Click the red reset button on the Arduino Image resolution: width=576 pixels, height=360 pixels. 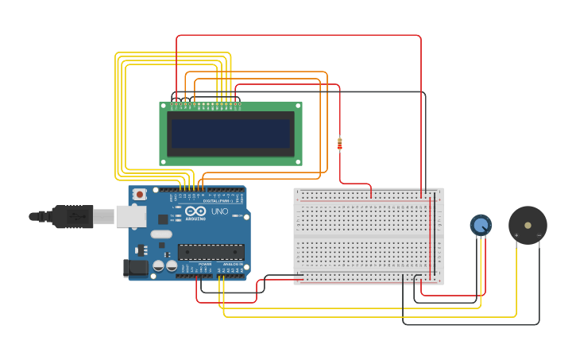pos(140,194)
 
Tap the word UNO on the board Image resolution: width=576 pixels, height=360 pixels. pos(219,211)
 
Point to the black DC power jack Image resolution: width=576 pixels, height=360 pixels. pos(136,268)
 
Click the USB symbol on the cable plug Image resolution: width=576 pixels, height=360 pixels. pos(70,215)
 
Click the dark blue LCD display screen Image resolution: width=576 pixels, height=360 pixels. pos(230,134)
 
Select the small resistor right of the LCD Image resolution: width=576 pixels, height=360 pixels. pos(340,144)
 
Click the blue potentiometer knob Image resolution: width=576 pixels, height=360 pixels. pos(480,226)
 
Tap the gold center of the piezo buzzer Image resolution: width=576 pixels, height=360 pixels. pos(528,225)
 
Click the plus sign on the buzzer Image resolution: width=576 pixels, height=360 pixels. pos(516,236)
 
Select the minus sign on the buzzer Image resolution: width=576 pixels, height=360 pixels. pos(539,236)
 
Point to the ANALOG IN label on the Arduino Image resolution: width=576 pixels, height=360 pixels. pos(231,264)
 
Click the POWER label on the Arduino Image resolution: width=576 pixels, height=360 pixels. pos(204,264)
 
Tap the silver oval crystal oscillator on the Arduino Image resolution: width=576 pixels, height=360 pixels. pos(160,234)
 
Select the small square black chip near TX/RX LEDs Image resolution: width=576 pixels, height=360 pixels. pos(163,219)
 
